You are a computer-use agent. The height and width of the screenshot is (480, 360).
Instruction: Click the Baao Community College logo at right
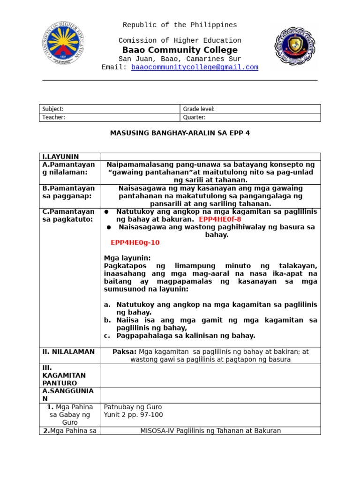click(x=295, y=45)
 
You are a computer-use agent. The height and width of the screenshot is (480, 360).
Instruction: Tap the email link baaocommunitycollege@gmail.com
click(x=195, y=67)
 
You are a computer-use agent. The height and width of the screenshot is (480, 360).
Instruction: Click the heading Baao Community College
click(x=180, y=50)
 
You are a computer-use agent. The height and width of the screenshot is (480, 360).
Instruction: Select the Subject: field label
click(x=53, y=109)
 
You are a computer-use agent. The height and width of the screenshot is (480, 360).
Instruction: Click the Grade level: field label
click(x=199, y=109)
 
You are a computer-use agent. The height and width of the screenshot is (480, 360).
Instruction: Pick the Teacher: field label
click(x=54, y=117)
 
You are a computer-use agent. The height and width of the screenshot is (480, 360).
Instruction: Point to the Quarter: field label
click(x=195, y=117)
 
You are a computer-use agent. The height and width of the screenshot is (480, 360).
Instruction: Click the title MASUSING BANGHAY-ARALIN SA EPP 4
click(x=180, y=133)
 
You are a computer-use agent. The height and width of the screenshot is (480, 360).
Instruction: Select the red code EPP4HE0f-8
click(x=220, y=219)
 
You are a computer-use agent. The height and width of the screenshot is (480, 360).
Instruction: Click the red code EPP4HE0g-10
click(x=135, y=242)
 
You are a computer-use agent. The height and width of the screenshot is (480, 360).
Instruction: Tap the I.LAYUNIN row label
click(x=60, y=157)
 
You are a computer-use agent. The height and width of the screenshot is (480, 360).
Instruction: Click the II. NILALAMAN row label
click(x=68, y=352)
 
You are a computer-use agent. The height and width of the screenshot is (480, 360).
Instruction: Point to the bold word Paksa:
click(x=124, y=352)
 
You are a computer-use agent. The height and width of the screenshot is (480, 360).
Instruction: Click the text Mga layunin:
click(x=127, y=258)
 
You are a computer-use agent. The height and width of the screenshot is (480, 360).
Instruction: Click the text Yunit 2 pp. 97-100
click(x=133, y=414)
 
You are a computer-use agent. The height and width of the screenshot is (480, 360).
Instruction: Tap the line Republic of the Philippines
click(x=180, y=25)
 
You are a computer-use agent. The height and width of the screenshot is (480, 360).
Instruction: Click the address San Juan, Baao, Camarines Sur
click(x=180, y=59)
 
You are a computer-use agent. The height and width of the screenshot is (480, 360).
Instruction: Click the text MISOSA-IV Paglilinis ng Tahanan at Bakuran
click(x=210, y=430)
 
